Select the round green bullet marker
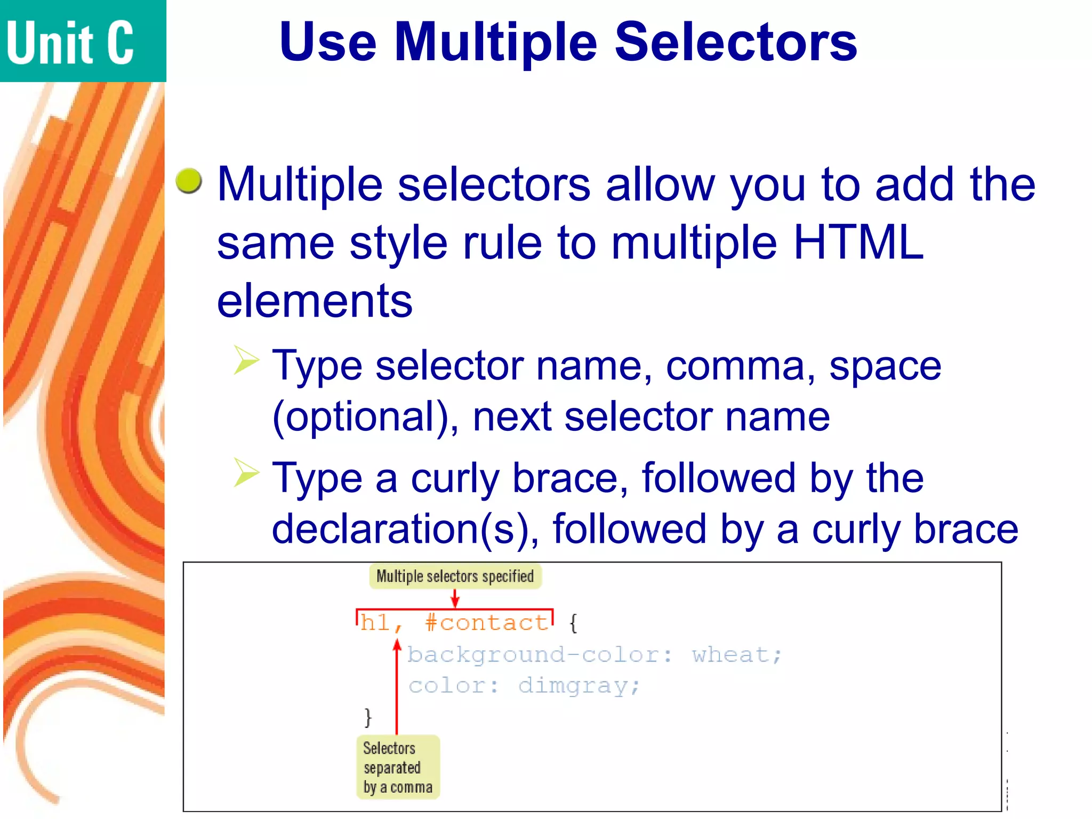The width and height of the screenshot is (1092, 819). [189, 180]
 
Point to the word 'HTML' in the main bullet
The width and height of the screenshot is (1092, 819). [858, 243]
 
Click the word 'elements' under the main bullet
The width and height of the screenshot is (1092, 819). [315, 301]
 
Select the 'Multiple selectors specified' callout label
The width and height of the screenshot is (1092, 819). [455, 576]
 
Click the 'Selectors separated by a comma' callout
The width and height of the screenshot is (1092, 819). [398, 767]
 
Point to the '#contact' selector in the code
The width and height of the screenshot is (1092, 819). [487, 623]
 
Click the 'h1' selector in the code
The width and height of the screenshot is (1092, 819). [375, 623]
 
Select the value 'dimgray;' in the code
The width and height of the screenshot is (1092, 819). [579, 686]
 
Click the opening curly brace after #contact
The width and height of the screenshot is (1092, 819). [573, 623]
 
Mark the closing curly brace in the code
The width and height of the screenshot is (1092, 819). [367, 717]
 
